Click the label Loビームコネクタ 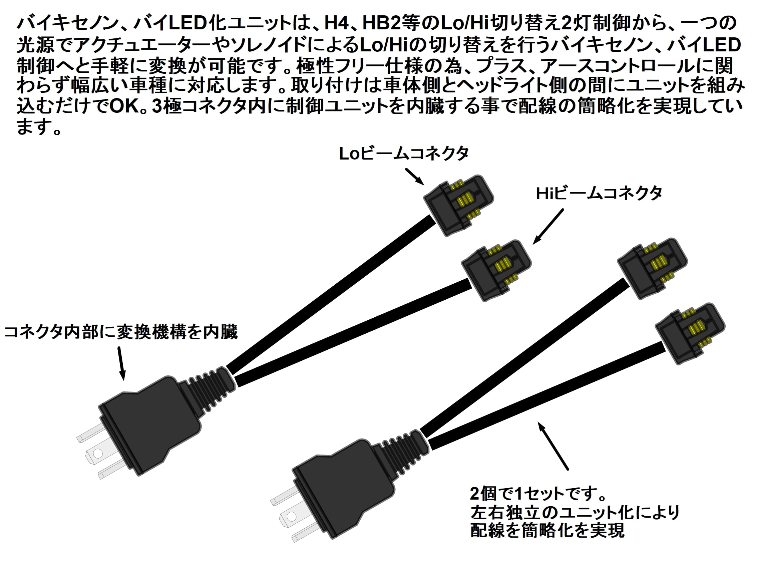coord(403,154)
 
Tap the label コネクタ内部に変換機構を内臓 coord(121,332)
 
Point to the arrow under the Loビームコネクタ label coord(415,177)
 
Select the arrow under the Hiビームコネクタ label coord(548,227)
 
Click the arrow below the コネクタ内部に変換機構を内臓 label coord(121,363)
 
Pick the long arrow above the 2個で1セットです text coord(553,446)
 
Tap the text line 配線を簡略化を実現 coord(547,530)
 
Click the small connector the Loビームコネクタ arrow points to coord(458,205)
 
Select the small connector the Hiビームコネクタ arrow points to coord(496,270)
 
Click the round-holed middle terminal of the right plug coord(291,516)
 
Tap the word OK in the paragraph coord(124,106)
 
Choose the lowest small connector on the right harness coord(690,333)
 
